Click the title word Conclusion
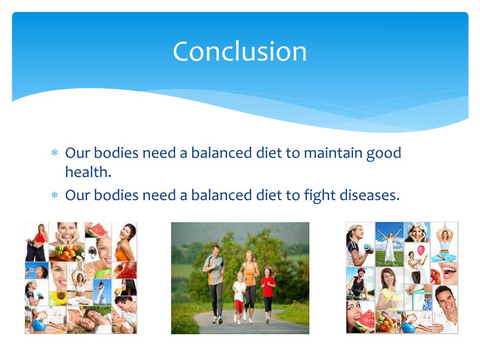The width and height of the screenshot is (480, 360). point(240,51)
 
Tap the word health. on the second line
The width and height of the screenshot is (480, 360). point(88,172)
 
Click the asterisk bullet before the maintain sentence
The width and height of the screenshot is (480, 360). point(54,154)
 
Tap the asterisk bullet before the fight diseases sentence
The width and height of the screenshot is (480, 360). point(54,195)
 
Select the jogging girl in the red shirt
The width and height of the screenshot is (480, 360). point(268,291)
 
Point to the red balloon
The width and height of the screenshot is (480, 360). point(420,249)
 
